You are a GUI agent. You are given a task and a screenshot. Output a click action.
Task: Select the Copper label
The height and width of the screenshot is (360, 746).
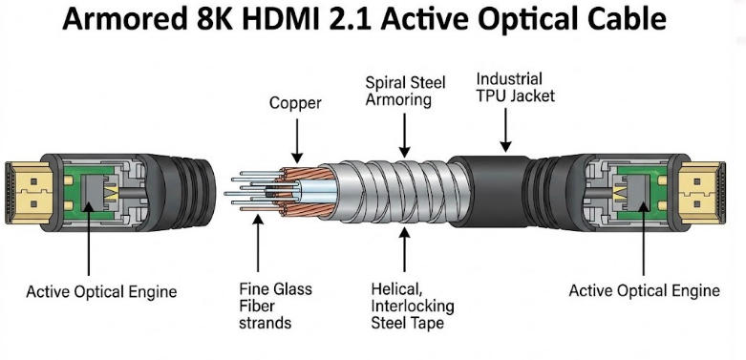(295, 103)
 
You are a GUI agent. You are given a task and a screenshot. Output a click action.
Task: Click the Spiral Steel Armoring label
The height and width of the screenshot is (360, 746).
(400, 91)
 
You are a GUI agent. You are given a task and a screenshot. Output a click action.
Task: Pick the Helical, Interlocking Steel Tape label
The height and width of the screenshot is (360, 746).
(413, 306)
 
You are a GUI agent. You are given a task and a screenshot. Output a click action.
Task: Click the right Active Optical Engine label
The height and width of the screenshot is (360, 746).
(644, 290)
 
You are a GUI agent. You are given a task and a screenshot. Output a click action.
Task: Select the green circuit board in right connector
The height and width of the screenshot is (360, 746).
(642, 186)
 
